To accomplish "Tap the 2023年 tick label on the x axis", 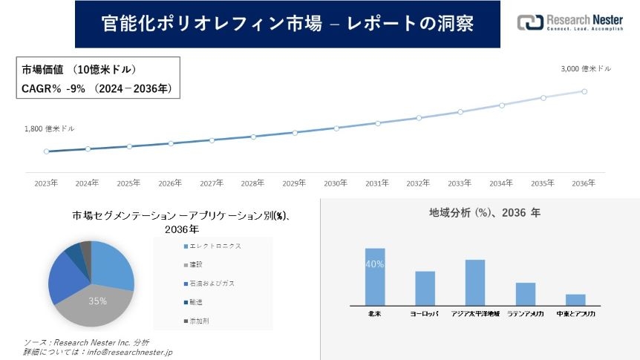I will pyautogui.click(x=46, y=183).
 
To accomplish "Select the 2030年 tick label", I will pyautogui.click(x=336, y=183).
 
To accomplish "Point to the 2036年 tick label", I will pyautogui.click(x=584, y=183).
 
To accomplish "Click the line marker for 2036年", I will pyautogui.click(x=584, y=91).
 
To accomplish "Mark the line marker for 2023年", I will pyautogui.click(x=46, y=151).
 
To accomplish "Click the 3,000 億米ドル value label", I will pyautogui.click(x=586, y=68).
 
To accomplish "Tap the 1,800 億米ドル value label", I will pyautogui.click(x=50, y=128).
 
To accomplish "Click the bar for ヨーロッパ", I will pyautogui.click(x=425, y=288).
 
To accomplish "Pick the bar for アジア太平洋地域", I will pyautogui.click(x=475, y=282).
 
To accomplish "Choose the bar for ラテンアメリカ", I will pyautogui.click(x=526, y=294).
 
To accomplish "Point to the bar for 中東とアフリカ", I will pyautogui.click(x=575, y=299).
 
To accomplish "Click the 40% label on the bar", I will pyautogui.click(x=375, y=264).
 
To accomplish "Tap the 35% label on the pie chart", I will pyautogui.click(x=97, y=301).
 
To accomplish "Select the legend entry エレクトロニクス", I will pyautogui.click(x=215, y=246).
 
